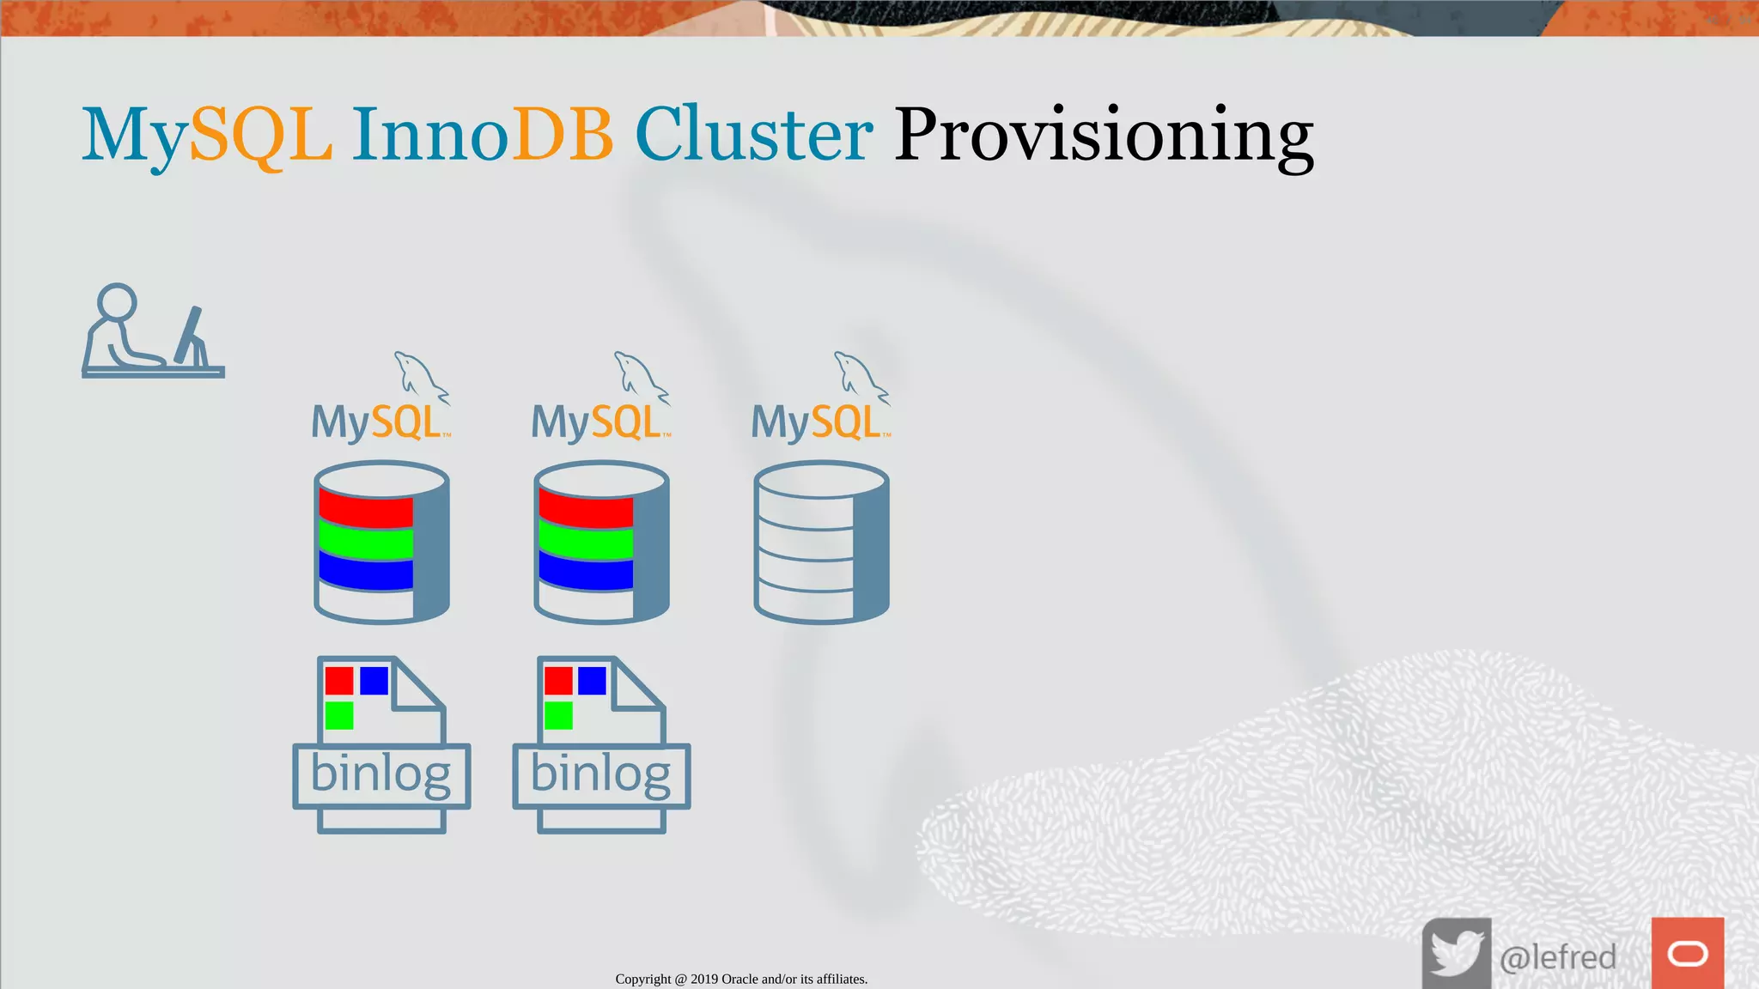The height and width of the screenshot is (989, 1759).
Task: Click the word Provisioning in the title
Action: pyautogui.click(x=1103, y=135)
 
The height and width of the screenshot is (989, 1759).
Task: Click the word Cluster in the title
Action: pyautogui.click(x=753, y=135)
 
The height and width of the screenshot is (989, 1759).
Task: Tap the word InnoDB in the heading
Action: pyautogui.click(x=482, y=135)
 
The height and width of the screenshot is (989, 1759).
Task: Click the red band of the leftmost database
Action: pyautogui.click(x=366, y=510)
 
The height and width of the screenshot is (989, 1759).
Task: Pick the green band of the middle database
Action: pyautogui.click(x=586, y=543)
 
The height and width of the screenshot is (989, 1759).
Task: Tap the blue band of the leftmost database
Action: pyautogui.click(x=366, y=572)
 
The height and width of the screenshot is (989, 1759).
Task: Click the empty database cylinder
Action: pyautogui.click(x=821, y=543)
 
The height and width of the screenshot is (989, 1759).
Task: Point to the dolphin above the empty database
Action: pyautogui.click(x=860, y=376)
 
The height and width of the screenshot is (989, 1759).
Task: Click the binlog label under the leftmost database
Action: pyautogui.click(x=380, y=775)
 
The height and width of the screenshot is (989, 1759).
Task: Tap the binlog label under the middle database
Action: pyautogui.click(x=600, y=775)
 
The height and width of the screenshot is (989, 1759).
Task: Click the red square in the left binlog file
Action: pyautogui.click(x=339, y=681)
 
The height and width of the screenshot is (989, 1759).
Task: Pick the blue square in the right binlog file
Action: pyautogui.click(x=592, y=681)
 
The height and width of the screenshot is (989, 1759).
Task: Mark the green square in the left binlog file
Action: pyautogui.click(x=339, y=715)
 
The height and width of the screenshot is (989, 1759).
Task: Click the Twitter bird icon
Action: pyautogui.click(x=1456, y=954)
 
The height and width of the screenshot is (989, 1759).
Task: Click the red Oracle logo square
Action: pyautogui.click(x=1687, y=953)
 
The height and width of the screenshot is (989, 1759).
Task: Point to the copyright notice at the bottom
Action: pyautogui.click(x=741, y=979)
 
